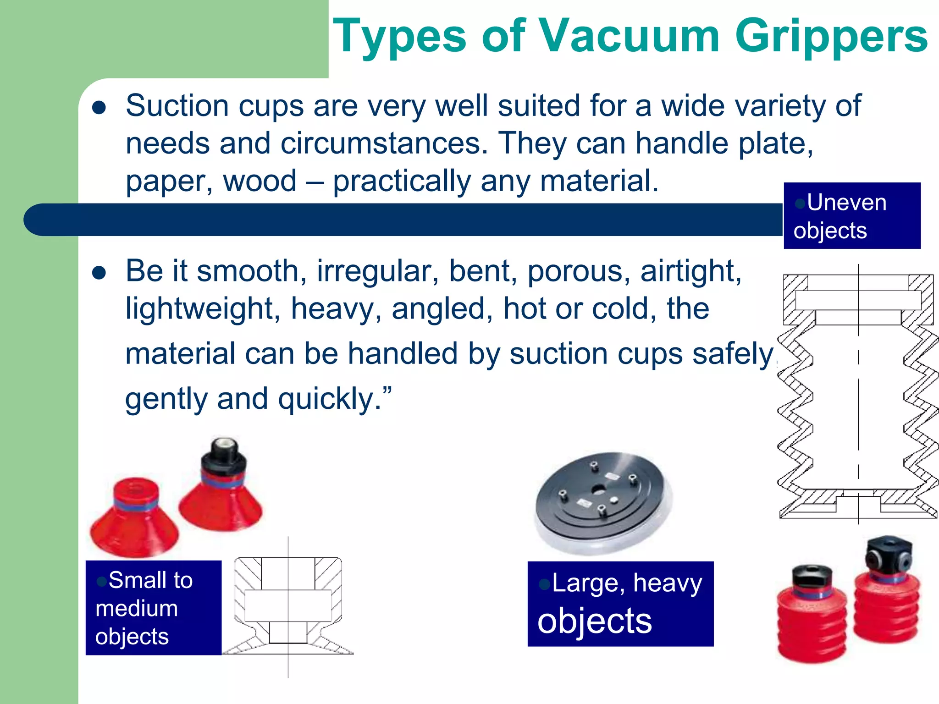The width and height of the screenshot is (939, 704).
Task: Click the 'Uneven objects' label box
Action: [x=851, y=216]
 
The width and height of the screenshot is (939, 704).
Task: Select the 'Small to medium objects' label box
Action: [x=153, y=608]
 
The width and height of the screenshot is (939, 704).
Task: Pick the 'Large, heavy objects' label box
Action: [x=620, y=604]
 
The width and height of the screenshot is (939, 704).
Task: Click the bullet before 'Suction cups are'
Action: [x=99, y=108]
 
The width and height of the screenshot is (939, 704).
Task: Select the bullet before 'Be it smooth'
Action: [x=99, y=273]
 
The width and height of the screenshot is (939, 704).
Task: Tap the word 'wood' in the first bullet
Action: [x=260, y=181]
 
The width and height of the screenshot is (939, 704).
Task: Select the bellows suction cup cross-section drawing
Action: [x=858, y=394]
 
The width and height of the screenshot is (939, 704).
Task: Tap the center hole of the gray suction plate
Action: [x=598, y=490]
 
